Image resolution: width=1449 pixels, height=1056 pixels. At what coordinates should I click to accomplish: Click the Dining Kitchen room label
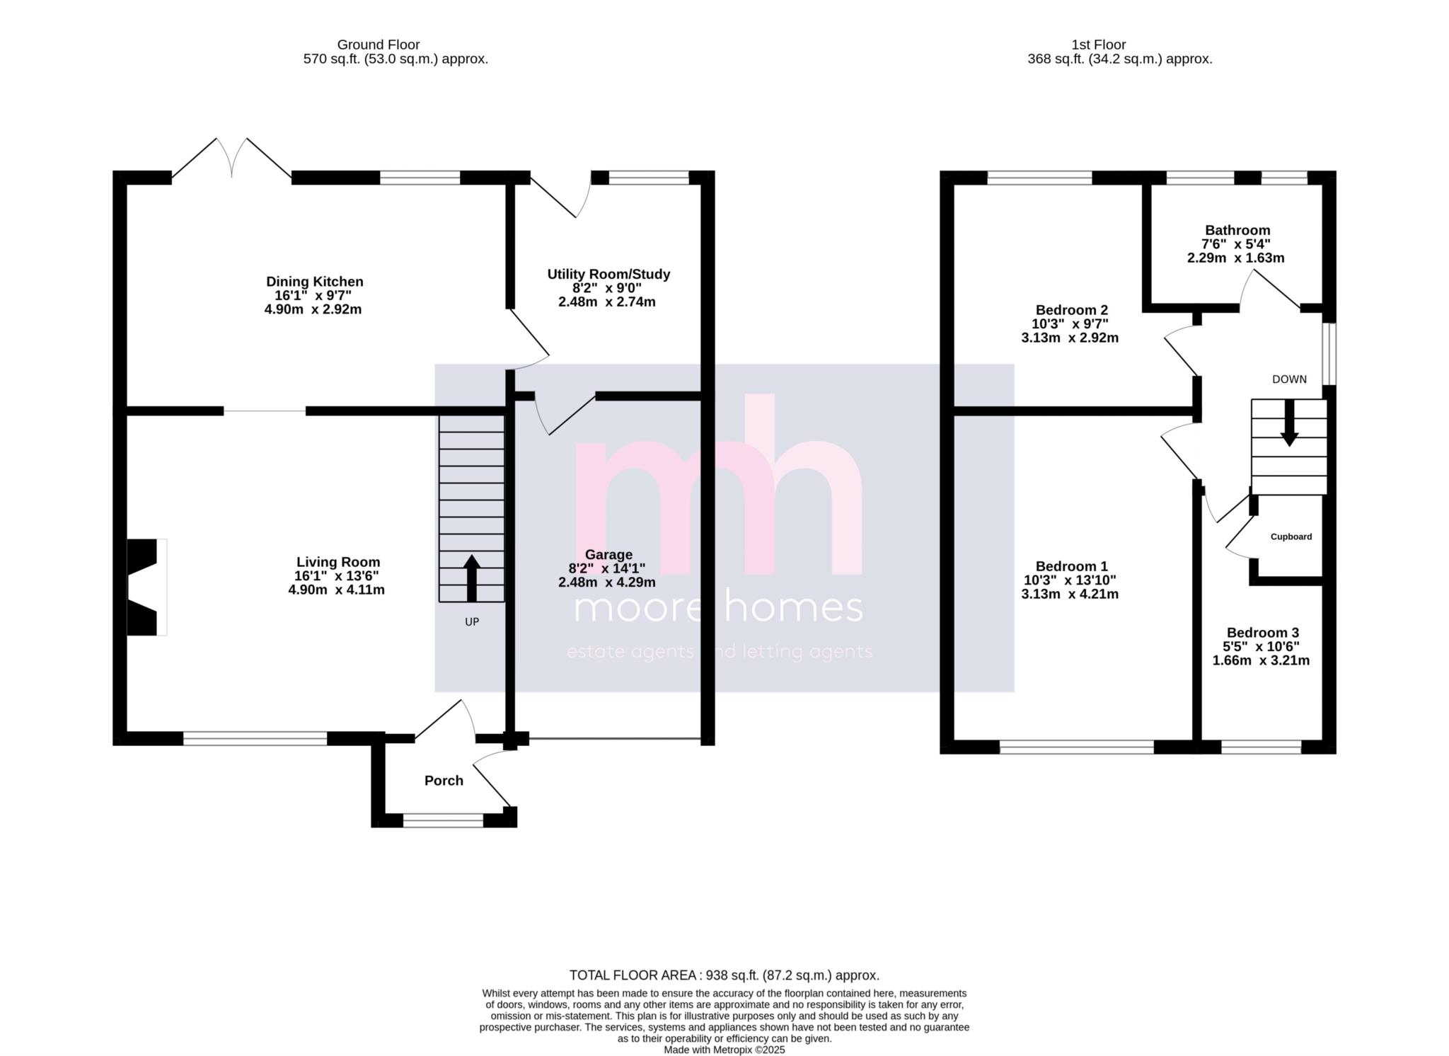(x=314, y=282)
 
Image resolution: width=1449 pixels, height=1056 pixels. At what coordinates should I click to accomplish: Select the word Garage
(x=608, y=555)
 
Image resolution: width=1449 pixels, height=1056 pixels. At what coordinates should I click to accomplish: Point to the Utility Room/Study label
(x=608, y=274)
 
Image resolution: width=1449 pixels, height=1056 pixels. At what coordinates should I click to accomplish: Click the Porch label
(x=444, y=781)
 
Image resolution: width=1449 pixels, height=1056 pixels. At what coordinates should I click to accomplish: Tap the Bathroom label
(x=1237, y=230)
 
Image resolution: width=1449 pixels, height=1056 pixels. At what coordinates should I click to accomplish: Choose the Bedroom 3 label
(x=1263, y=633)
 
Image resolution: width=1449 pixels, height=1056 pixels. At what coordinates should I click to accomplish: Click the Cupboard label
(x=1291, y=536)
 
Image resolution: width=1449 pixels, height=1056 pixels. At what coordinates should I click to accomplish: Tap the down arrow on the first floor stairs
(x=1289, y=423)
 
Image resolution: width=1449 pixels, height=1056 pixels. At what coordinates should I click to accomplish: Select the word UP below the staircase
(x=472, y=622)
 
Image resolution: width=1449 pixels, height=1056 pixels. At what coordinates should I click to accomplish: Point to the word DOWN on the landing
(x=1289, y=379)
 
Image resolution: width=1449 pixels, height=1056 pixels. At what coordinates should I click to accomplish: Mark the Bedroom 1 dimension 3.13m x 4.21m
(x=1070, y=594)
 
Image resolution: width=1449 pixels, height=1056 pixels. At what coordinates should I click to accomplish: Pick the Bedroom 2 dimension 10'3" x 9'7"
(x=1070, y=324)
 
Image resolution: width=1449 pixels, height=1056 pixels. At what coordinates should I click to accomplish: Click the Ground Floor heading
(x=379, y=45)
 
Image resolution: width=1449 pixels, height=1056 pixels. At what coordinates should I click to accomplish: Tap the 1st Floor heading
(x=1099, y=45)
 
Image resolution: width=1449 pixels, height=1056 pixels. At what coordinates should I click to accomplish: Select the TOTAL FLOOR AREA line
(x=724, y=975)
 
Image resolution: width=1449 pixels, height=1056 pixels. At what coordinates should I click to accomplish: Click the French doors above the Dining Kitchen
(x=231, y=158)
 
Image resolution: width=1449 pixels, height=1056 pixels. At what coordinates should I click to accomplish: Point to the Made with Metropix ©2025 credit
(x=724, y=1050)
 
